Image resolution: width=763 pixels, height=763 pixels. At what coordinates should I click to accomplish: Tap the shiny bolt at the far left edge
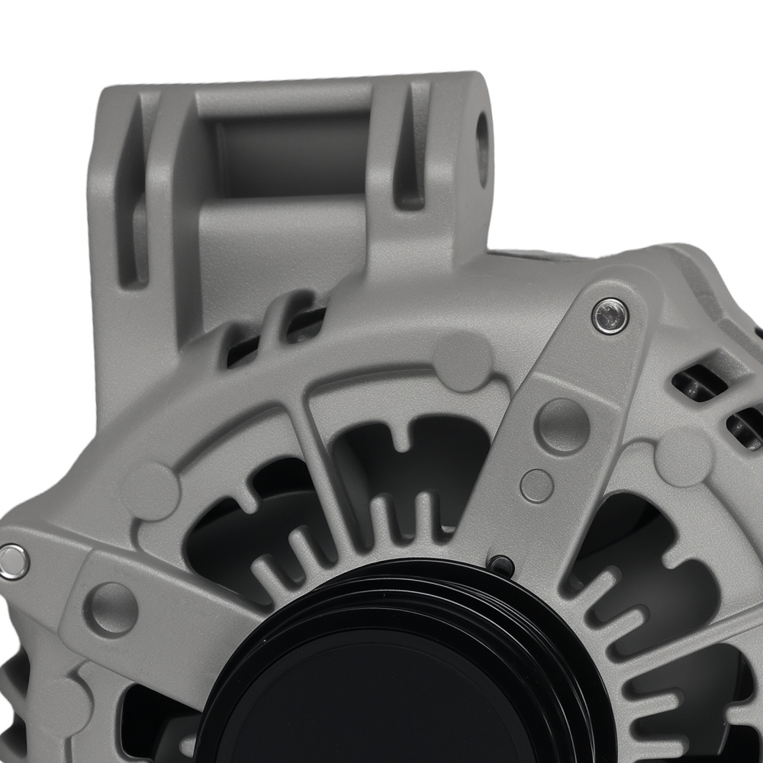(13, 561)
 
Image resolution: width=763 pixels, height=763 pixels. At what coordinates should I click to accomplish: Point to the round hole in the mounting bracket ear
(483, 140)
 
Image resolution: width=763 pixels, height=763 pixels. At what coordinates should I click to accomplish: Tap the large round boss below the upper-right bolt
(562, 424)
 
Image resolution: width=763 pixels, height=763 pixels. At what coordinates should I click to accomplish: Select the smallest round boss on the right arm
(536, 485)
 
